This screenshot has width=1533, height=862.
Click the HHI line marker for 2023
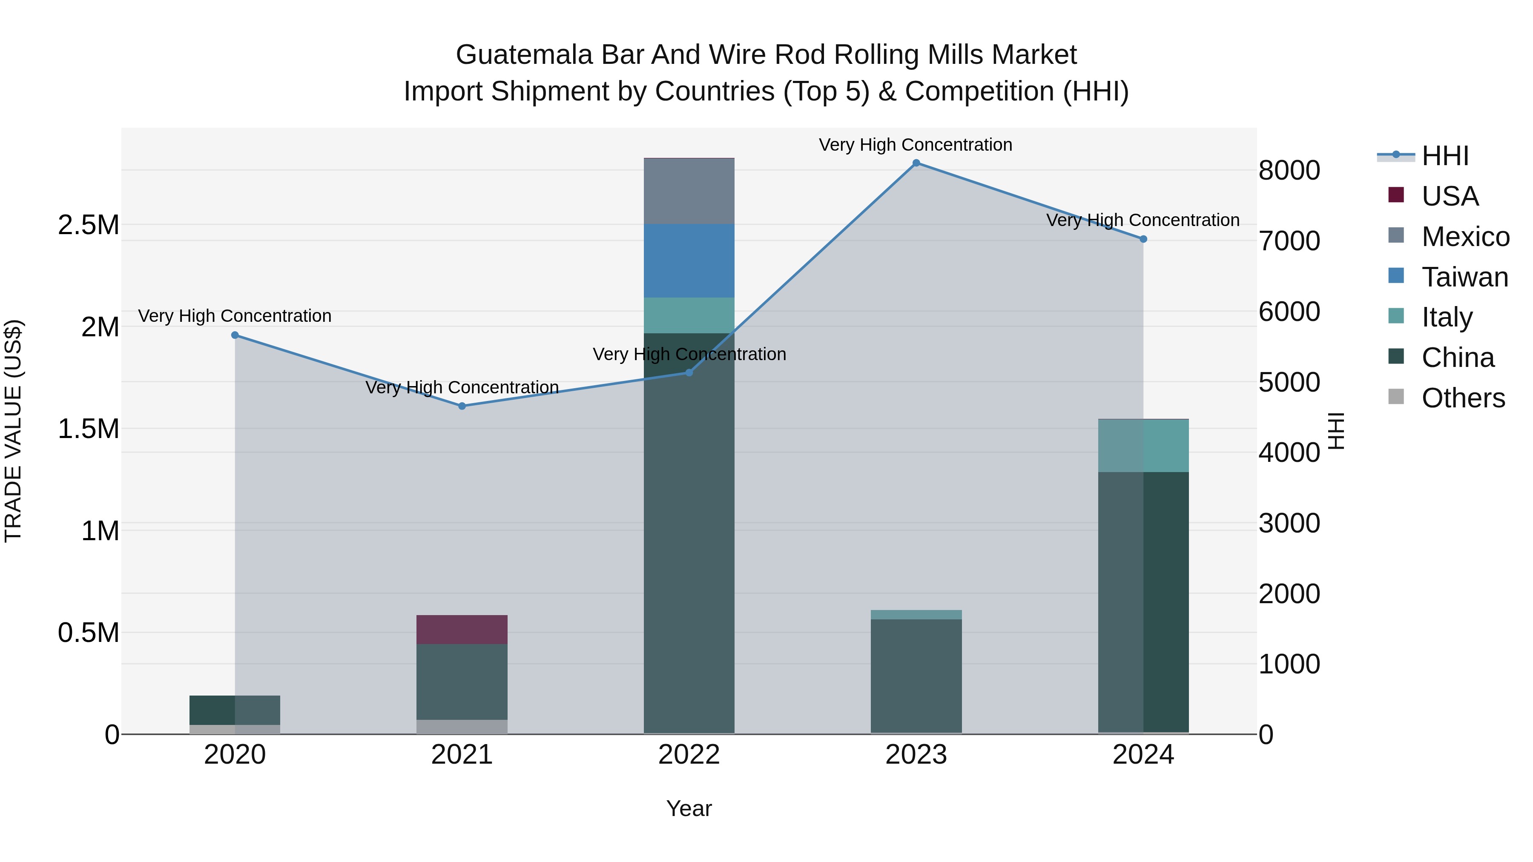coord(916,163)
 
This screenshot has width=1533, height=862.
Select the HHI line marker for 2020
coord(235,335)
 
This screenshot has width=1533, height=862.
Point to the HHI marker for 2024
coord(1143,239)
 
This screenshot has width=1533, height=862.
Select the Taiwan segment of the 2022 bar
coord(689,261)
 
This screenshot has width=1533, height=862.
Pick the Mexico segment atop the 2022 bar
coord(689,191)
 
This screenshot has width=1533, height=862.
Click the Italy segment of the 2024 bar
coord(1143,446)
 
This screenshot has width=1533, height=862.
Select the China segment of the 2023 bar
coord(916,675)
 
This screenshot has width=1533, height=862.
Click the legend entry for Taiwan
coord(1464,277)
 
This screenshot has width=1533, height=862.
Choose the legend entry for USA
coord(1450,196)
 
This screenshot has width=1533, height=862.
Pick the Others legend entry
coord(1463,398)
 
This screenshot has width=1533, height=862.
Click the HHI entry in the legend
coord(1445,156)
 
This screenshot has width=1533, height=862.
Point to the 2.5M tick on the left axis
coord(88,225)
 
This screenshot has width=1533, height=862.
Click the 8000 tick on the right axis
coord(1289,171)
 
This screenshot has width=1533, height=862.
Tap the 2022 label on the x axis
coord(689,755)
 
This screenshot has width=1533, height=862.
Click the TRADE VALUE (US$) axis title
coord(13,431)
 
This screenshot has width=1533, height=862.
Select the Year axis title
coord(689,808)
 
